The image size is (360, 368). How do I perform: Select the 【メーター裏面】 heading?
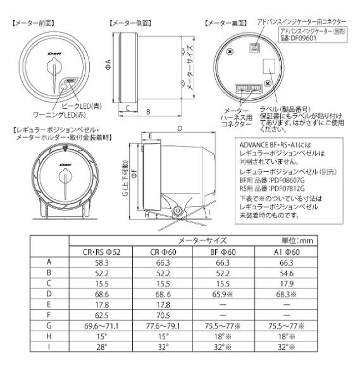pos(226,22)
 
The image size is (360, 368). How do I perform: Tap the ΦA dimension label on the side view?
pos(108,61)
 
